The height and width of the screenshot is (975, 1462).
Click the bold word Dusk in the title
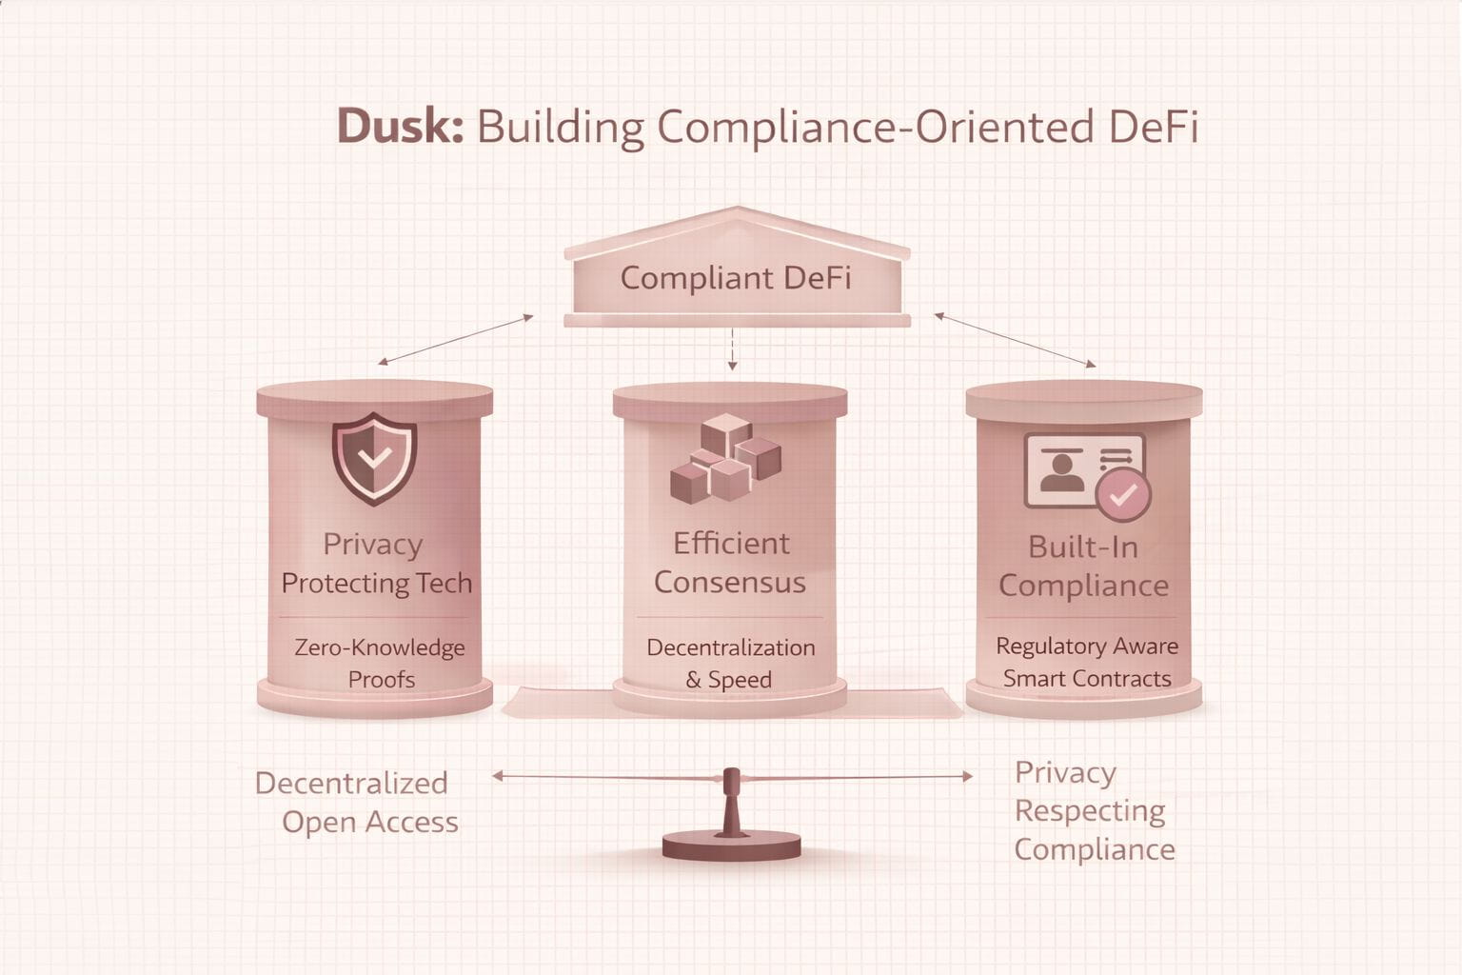coord(400,127)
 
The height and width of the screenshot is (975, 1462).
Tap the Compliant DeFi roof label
coord(735,278)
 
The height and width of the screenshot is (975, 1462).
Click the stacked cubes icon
coord(725,459)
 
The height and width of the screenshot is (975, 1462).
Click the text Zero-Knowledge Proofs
coord(380,663)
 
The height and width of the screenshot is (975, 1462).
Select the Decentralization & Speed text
coord(730,663)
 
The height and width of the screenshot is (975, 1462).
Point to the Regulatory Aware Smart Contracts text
coord(1087,662)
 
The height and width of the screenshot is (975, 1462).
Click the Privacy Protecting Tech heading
coord(376,564)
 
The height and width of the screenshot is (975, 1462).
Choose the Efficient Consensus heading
coord(730,563)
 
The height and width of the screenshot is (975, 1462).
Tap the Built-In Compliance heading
coord(1083,566)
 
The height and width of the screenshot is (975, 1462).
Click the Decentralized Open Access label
coord(357,802)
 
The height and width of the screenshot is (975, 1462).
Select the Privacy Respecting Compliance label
coord(1093,810)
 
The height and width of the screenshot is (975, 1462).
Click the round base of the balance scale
coord(731,845)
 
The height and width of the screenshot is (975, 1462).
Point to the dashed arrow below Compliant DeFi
coord(732,348)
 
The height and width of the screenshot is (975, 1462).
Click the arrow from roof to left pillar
coord(456,340)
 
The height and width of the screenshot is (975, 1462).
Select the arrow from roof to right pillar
coord(1015,340)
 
